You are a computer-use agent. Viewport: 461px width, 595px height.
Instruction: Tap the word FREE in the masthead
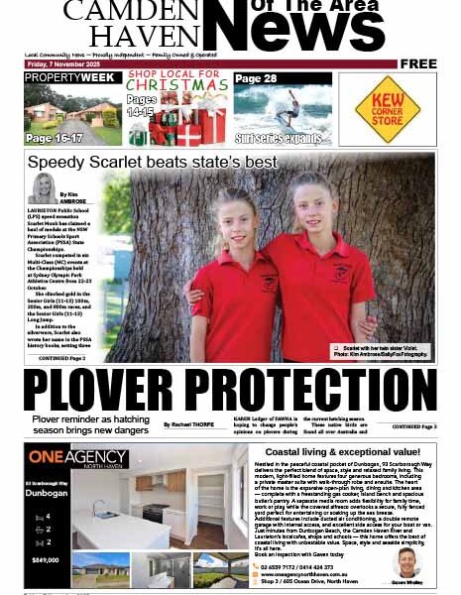419,63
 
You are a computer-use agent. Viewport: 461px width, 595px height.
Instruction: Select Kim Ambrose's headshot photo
45,188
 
